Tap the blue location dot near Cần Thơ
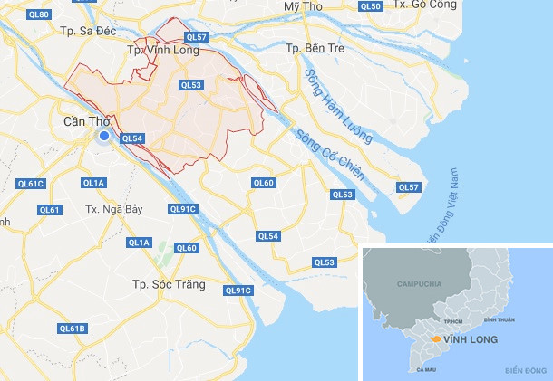[104, 136]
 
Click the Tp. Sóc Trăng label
[168, 284]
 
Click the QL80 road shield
[38, 15]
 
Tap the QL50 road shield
[370, 6]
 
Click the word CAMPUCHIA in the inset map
[418, 284]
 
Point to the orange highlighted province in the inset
[436, 339]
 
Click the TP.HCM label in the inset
[453, 321]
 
